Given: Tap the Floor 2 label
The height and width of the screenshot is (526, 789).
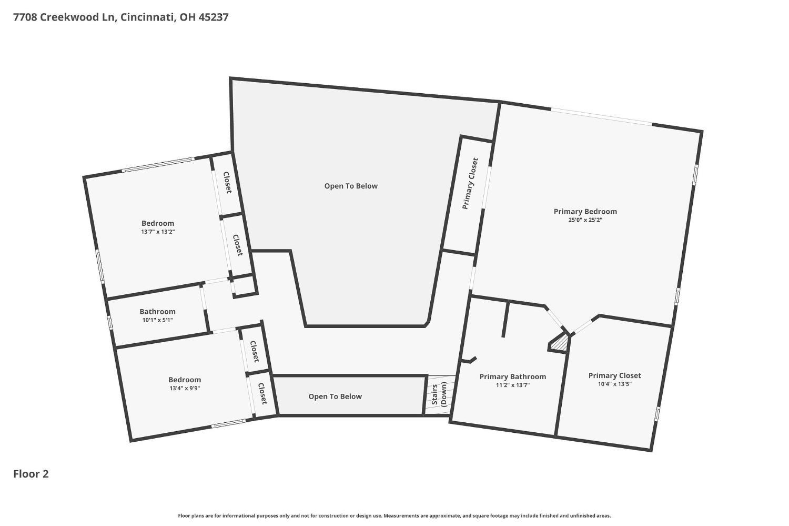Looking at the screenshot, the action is pos(31,474).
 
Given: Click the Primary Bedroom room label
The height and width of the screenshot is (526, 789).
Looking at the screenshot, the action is pos(585,212).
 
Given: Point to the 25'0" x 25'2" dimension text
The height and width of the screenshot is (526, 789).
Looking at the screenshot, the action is pos(585,220).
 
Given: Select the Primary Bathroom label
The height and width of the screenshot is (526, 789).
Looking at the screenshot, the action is pos(512,377).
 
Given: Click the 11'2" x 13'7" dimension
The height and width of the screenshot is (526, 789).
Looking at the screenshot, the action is pos(512,385).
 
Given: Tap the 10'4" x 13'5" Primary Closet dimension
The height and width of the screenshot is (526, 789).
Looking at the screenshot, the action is pos(615,384).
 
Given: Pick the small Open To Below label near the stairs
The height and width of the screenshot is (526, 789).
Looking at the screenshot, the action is pos(335,396).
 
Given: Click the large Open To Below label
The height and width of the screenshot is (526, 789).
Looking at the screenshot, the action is pos(351,186).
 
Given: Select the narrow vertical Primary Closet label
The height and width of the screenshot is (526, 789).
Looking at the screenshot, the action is pos(470,183).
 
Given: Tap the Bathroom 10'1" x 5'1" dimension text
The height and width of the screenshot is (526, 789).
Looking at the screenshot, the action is pos(157,320).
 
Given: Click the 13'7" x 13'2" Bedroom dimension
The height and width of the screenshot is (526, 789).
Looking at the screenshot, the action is pos(158,232).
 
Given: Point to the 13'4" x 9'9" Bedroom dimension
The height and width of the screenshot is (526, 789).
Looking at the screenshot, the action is pos(185,389).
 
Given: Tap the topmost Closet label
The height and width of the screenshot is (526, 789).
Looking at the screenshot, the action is pos(228,182).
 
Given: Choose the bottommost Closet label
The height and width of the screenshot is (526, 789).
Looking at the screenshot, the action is pos(263,394).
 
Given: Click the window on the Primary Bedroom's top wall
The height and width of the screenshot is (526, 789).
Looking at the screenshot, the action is pos(602,116).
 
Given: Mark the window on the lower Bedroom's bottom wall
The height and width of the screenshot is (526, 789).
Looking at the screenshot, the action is pos(228,423).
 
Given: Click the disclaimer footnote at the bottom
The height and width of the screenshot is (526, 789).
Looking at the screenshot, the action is pos(394,516).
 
